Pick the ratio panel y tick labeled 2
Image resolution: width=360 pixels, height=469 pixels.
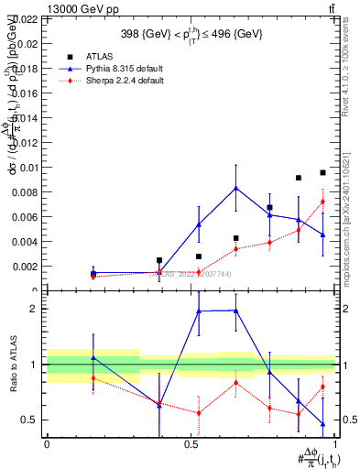pos(35,309)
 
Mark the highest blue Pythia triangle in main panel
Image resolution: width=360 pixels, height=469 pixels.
pos(236,188)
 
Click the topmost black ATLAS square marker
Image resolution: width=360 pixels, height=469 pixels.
pos(322,172)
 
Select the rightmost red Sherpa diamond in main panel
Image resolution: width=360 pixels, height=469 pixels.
pos(322,202)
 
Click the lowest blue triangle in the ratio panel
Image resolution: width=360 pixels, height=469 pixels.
pos(322,424)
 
